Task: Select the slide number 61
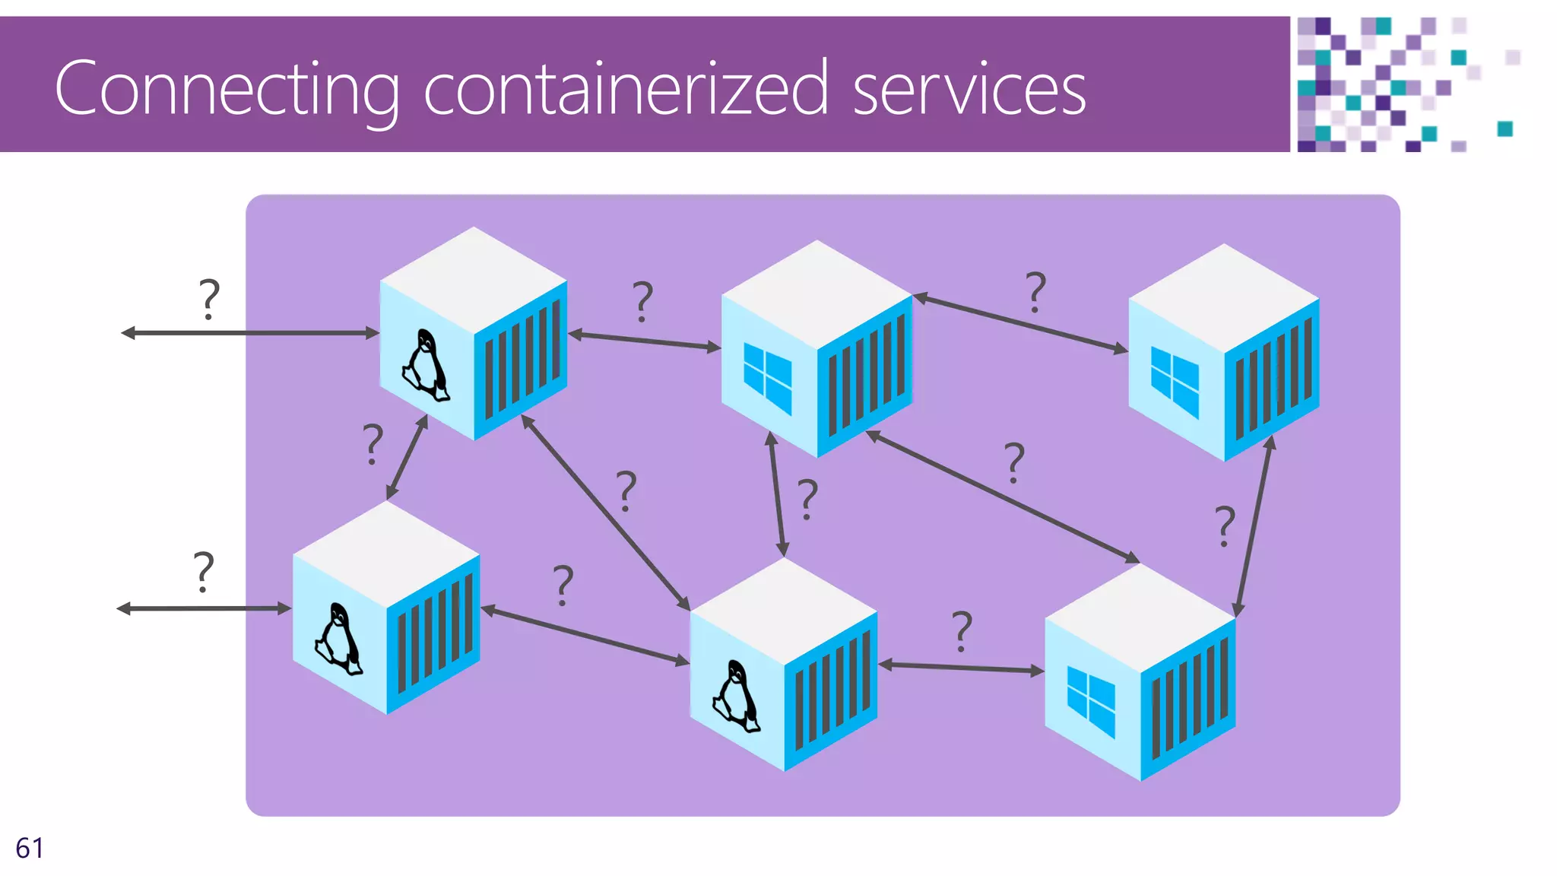[30, 848]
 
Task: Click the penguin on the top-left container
[426, 366]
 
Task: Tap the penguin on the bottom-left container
[338, 640]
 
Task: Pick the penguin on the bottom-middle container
[736, 697]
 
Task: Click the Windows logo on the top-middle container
[767, 378]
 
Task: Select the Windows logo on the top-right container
[1175, 382]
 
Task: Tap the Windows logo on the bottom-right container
[1091, 701]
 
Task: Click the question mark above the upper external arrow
[209, 298]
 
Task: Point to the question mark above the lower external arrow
[203, 572]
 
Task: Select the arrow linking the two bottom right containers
[961, 668]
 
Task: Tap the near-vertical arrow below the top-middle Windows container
[777, 494]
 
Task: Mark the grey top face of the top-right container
[1223, 297]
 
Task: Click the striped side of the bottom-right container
[1188, 700]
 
